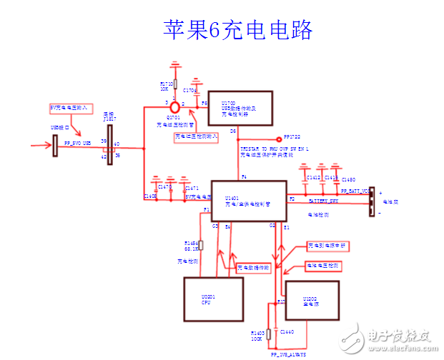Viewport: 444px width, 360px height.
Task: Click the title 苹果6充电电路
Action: (x=238, y=31)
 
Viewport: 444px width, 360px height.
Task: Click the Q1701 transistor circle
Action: (x=174, y=105)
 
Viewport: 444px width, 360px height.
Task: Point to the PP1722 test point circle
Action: (x=280, y=139)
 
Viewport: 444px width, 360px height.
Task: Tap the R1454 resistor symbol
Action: (x=201, y=246)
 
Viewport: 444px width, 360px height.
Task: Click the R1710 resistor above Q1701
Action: (x=175, y=84)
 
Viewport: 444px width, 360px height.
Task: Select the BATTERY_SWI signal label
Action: (x=326, y=202)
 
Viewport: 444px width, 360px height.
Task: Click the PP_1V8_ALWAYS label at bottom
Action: (x=288, y=354)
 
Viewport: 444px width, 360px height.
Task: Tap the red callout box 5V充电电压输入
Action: (x=68, y=108)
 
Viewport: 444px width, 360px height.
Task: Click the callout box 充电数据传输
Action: (x=252, y=268)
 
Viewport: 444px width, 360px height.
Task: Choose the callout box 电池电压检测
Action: (x=322, y=266)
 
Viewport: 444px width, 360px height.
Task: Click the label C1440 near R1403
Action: (x=287, y=332)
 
